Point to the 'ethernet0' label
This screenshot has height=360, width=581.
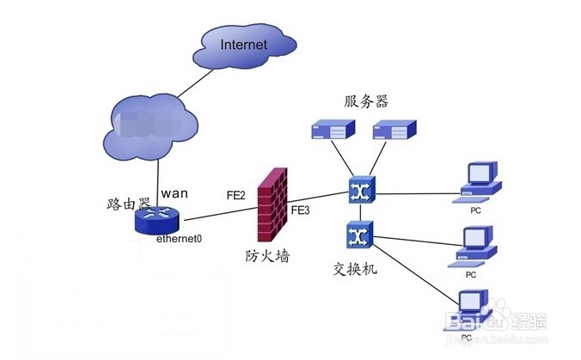coord(179,240)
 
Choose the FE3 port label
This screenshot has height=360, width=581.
coord(300,210)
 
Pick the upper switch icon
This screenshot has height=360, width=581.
coord(358,191)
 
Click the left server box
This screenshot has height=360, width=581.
coord(329,131)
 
